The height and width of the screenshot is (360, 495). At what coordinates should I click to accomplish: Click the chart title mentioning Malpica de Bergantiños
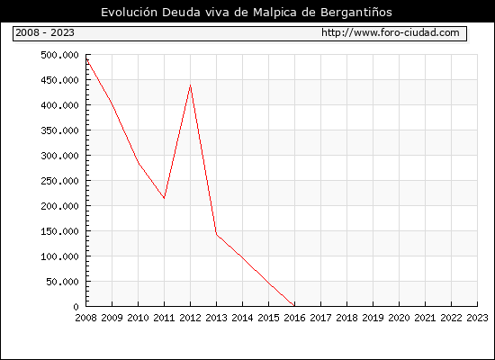(x=247, y=13)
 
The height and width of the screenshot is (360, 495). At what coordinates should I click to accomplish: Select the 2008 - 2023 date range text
(x=45, y=32)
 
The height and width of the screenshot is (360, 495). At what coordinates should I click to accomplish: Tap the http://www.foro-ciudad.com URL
(x=391, y=32)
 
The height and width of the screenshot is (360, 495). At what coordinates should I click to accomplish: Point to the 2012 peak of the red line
(x=191, y=85)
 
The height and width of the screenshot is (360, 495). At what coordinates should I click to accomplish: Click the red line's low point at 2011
(x=164, y=198)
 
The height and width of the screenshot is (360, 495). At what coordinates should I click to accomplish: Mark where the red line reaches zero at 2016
(x=294, y=306)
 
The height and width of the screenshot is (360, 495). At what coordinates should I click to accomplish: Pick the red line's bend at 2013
(x=216, y=234)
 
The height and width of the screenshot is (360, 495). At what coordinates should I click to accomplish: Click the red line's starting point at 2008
(x=86, y=59)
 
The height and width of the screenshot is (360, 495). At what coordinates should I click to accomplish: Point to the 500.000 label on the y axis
(x=59, y=55)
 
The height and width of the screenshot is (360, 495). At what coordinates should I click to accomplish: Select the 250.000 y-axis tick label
(x=59, y=181)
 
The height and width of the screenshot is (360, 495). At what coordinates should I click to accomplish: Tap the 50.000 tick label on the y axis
(x=62, y=282)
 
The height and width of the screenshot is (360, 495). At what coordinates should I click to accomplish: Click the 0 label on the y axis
(x=76, y=307)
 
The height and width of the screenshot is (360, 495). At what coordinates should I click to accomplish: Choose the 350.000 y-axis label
(x=59, y=130)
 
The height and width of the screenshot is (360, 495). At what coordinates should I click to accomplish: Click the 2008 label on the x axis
(x=85, y=318)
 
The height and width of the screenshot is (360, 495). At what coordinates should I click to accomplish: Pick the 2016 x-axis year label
(x=294, y=318)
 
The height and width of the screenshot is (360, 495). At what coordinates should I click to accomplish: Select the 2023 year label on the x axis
(x=477, y=318)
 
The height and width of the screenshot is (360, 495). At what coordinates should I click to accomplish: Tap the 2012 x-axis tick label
(x=191, y=318)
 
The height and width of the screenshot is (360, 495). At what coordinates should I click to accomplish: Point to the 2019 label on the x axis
(x=373, y=318)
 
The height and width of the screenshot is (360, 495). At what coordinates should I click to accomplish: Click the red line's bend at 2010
(x=139, y=163)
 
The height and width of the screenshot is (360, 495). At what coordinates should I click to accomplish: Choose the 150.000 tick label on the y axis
(x=59, y=231)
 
